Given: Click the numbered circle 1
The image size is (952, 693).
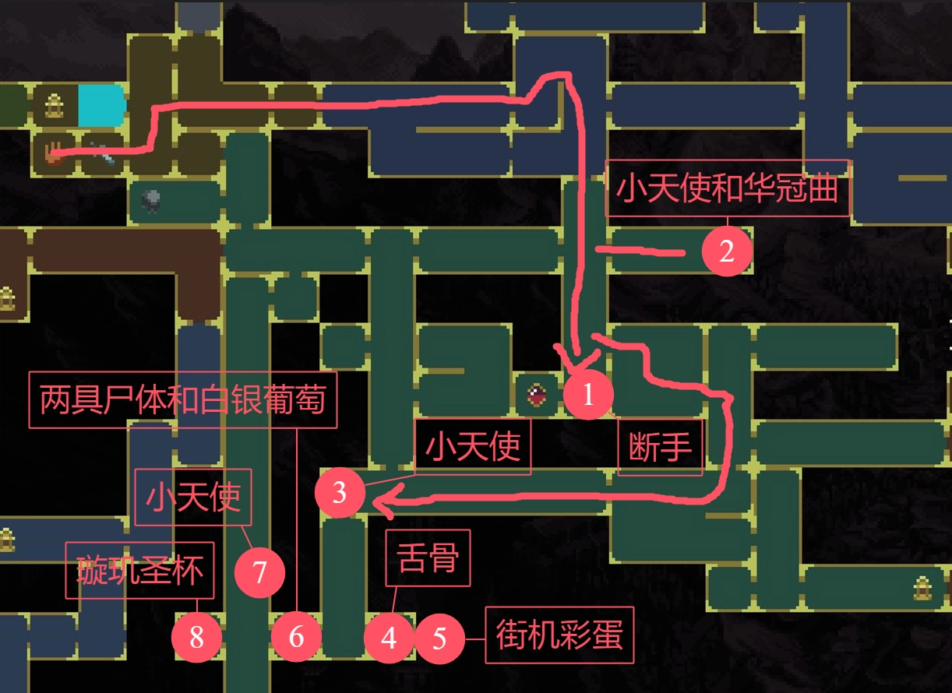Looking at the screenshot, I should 588,396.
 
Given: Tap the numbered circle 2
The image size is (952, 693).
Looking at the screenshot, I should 726,252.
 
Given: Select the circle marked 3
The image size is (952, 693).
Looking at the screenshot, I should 339,493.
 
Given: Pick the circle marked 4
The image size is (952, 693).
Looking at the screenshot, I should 389,638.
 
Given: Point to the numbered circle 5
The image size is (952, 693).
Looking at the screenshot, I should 439,638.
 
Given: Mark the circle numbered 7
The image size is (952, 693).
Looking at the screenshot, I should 260,573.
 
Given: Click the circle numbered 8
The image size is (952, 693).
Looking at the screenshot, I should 196,638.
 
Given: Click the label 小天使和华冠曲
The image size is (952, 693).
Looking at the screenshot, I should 727,188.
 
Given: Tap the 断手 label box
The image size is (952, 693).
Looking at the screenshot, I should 660,448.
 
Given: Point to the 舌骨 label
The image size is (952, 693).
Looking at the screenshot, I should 428,558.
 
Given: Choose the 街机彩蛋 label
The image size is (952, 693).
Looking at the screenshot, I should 559,635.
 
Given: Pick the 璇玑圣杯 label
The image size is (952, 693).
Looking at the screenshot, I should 139,570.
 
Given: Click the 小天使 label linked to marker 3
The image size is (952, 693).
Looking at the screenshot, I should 473,447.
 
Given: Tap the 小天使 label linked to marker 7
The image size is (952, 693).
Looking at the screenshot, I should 193,497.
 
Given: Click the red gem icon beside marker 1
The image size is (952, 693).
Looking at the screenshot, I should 537,395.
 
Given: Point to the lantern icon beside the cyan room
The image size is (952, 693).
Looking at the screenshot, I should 54,104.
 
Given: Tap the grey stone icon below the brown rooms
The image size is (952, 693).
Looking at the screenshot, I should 151,201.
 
